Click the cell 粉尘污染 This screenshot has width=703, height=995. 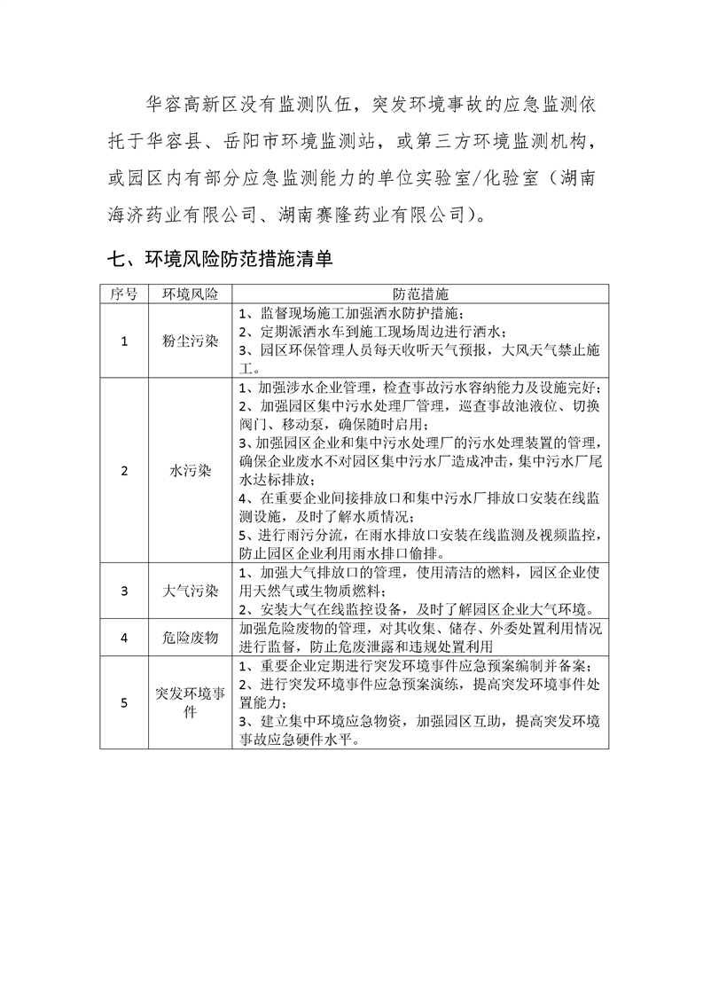coord(190,341)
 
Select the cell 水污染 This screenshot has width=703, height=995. coord(190,471)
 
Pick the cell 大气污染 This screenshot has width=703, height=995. coord(190,591)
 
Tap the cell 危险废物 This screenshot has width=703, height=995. coord(190,637)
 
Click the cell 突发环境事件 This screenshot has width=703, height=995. coord(190,701)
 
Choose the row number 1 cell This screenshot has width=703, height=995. coord(123,341)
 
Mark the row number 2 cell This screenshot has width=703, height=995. coord(123,471)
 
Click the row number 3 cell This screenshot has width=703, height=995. coord(123,591)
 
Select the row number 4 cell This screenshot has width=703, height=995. coord(123,637)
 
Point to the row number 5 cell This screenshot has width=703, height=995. coord(123,701)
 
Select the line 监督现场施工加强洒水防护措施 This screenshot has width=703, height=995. coord(364,314)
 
